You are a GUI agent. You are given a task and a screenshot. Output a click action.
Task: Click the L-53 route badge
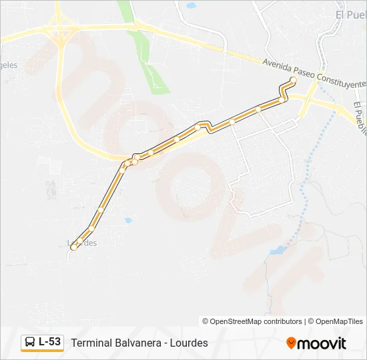click(43, 343)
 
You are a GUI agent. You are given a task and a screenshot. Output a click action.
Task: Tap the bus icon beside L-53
click(30, 343)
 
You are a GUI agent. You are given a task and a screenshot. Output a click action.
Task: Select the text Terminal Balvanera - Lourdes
click(139, 343)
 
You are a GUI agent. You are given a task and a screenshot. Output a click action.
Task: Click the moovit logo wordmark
click(322, 343)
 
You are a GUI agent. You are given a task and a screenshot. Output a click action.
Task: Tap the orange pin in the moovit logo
click(291, 343)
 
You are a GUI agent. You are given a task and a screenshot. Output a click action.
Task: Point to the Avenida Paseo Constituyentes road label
click(314, 73)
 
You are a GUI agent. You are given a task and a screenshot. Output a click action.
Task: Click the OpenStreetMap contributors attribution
click(252, 321)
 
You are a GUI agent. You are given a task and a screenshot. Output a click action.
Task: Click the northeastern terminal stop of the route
click(293, 80)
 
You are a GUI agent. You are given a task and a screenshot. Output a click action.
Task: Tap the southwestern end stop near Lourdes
click(73, 247)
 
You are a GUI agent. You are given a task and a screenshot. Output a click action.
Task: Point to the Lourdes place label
click(83, 243)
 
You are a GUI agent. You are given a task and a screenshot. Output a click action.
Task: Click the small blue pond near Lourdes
click(127, 220)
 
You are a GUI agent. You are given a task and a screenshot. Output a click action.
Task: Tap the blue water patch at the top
click(192, 5)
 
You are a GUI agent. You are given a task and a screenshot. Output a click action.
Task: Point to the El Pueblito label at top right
click(351, 15)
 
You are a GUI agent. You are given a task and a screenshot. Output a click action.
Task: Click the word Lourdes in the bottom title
click(188, 343)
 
